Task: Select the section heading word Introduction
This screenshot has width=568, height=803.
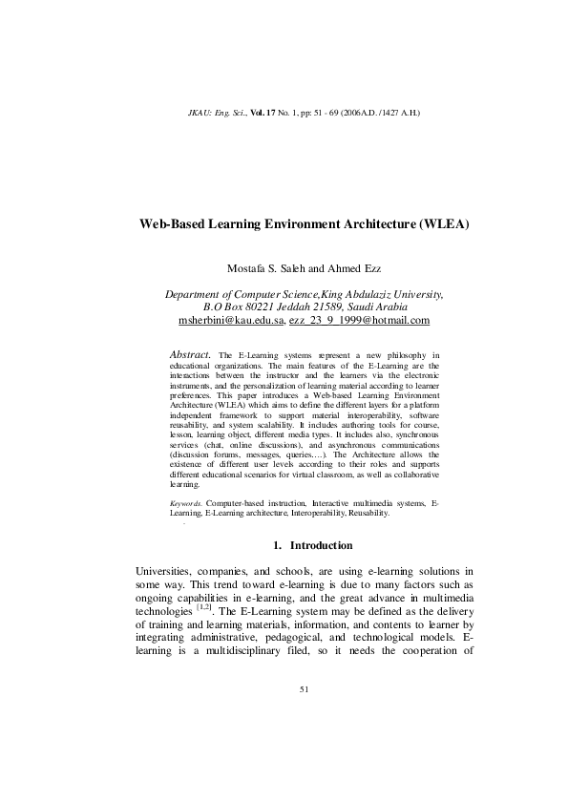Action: click(x=322, y=545)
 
